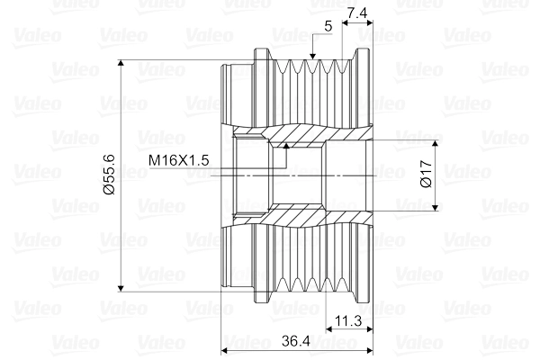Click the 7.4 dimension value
pos(357,12)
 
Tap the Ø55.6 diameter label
pos(109,176)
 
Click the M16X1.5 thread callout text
pos(179,159)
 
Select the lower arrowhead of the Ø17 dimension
pos(436,206)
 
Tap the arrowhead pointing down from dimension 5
pos(311,58)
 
